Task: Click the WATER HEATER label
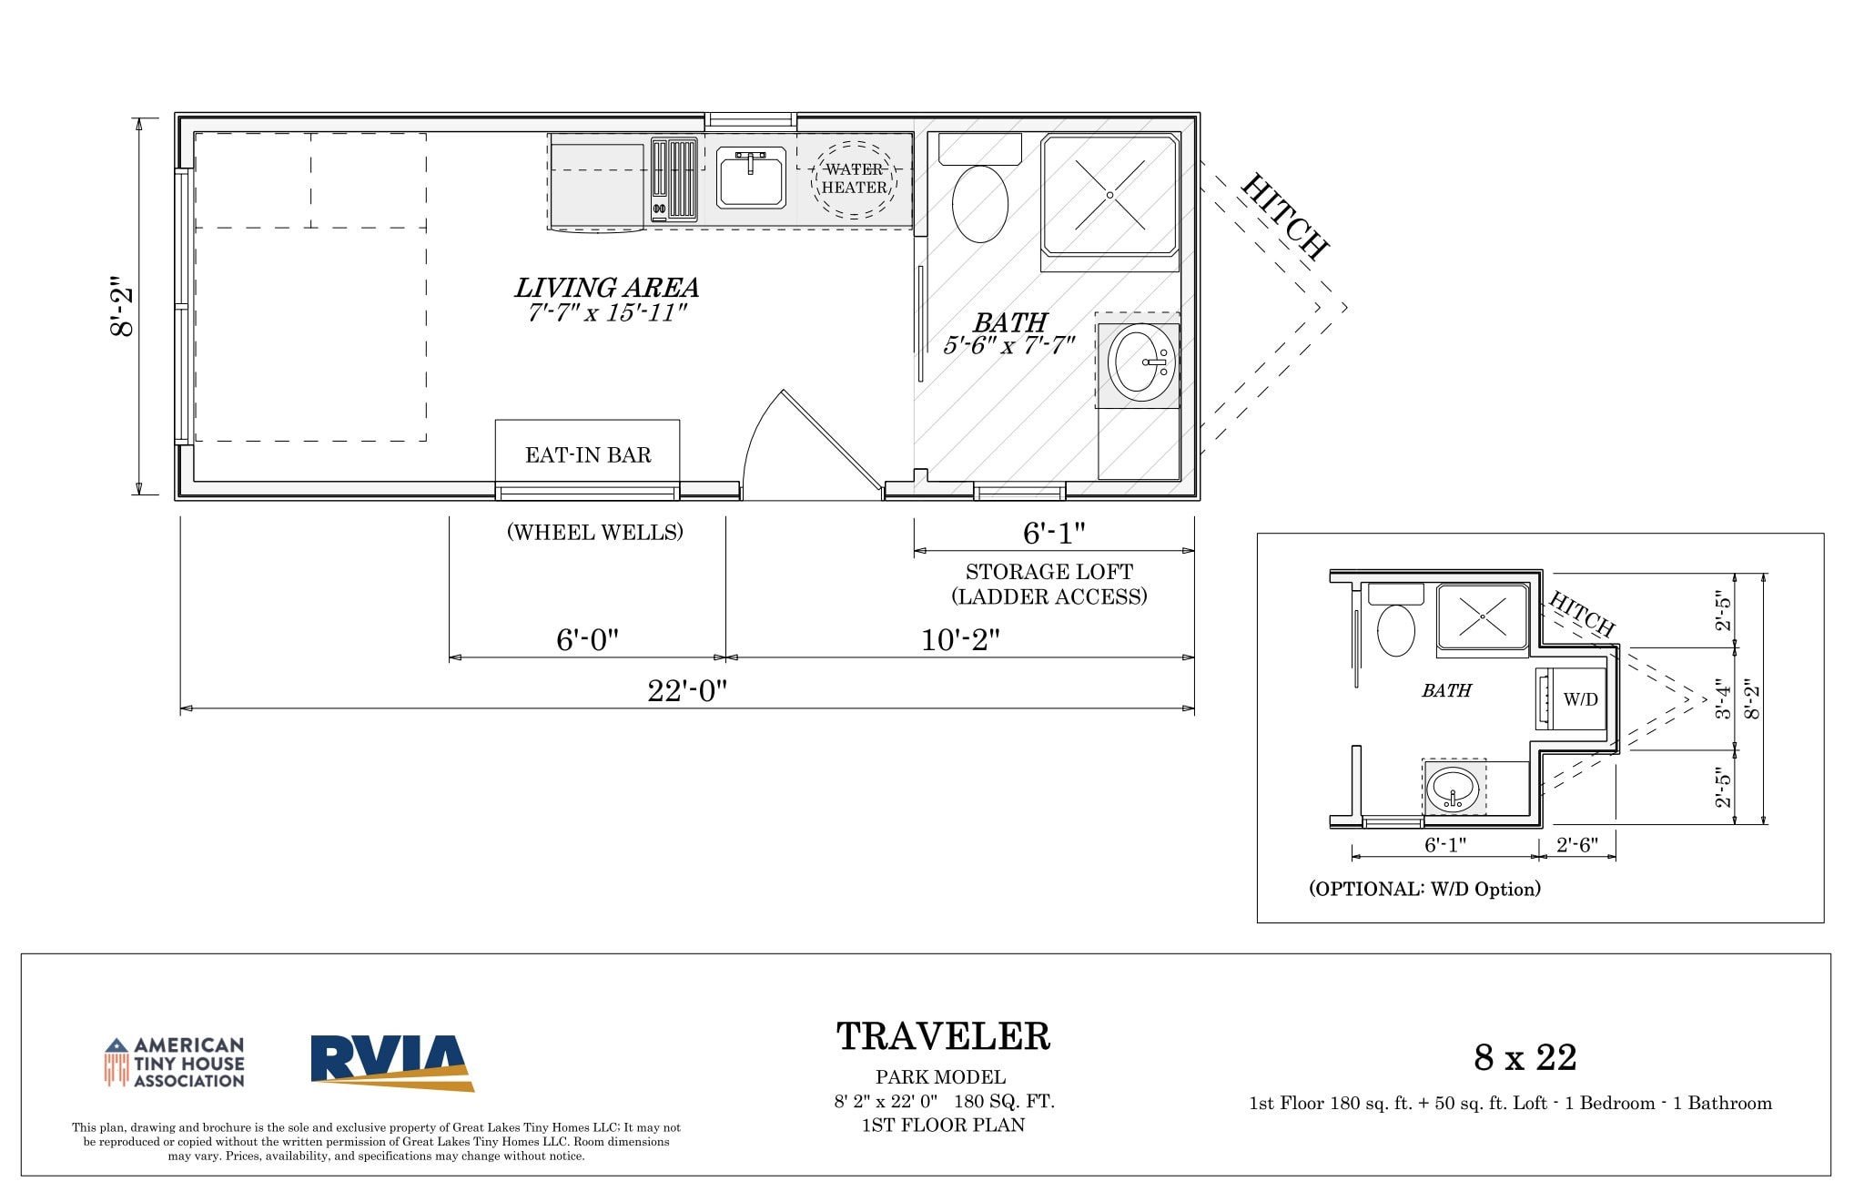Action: pos(854,178)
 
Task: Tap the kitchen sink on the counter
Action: pos(751,178)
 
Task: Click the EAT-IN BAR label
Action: pos(588,455)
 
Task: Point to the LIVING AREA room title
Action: pos(607,288)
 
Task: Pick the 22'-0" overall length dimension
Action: pos(687,691)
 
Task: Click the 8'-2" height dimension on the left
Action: pos(122,306)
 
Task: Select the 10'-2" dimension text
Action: pos(960,640)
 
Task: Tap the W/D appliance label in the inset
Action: pos(1581,699)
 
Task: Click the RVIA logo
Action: pos(392,1063)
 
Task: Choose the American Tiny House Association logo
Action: pos(174,1063)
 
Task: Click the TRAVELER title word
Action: pos(943,1036)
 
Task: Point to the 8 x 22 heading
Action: pos(1525,1057)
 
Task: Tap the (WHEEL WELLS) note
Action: pos(595,533)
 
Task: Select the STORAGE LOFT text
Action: pos(1049,572)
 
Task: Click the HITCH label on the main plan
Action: pos(1285,216)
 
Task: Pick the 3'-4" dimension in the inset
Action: pos(1723,699)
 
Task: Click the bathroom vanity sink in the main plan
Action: pos(1141,363)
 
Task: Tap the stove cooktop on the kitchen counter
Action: pos(674,180)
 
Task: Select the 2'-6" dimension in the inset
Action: pos(1577,845)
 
